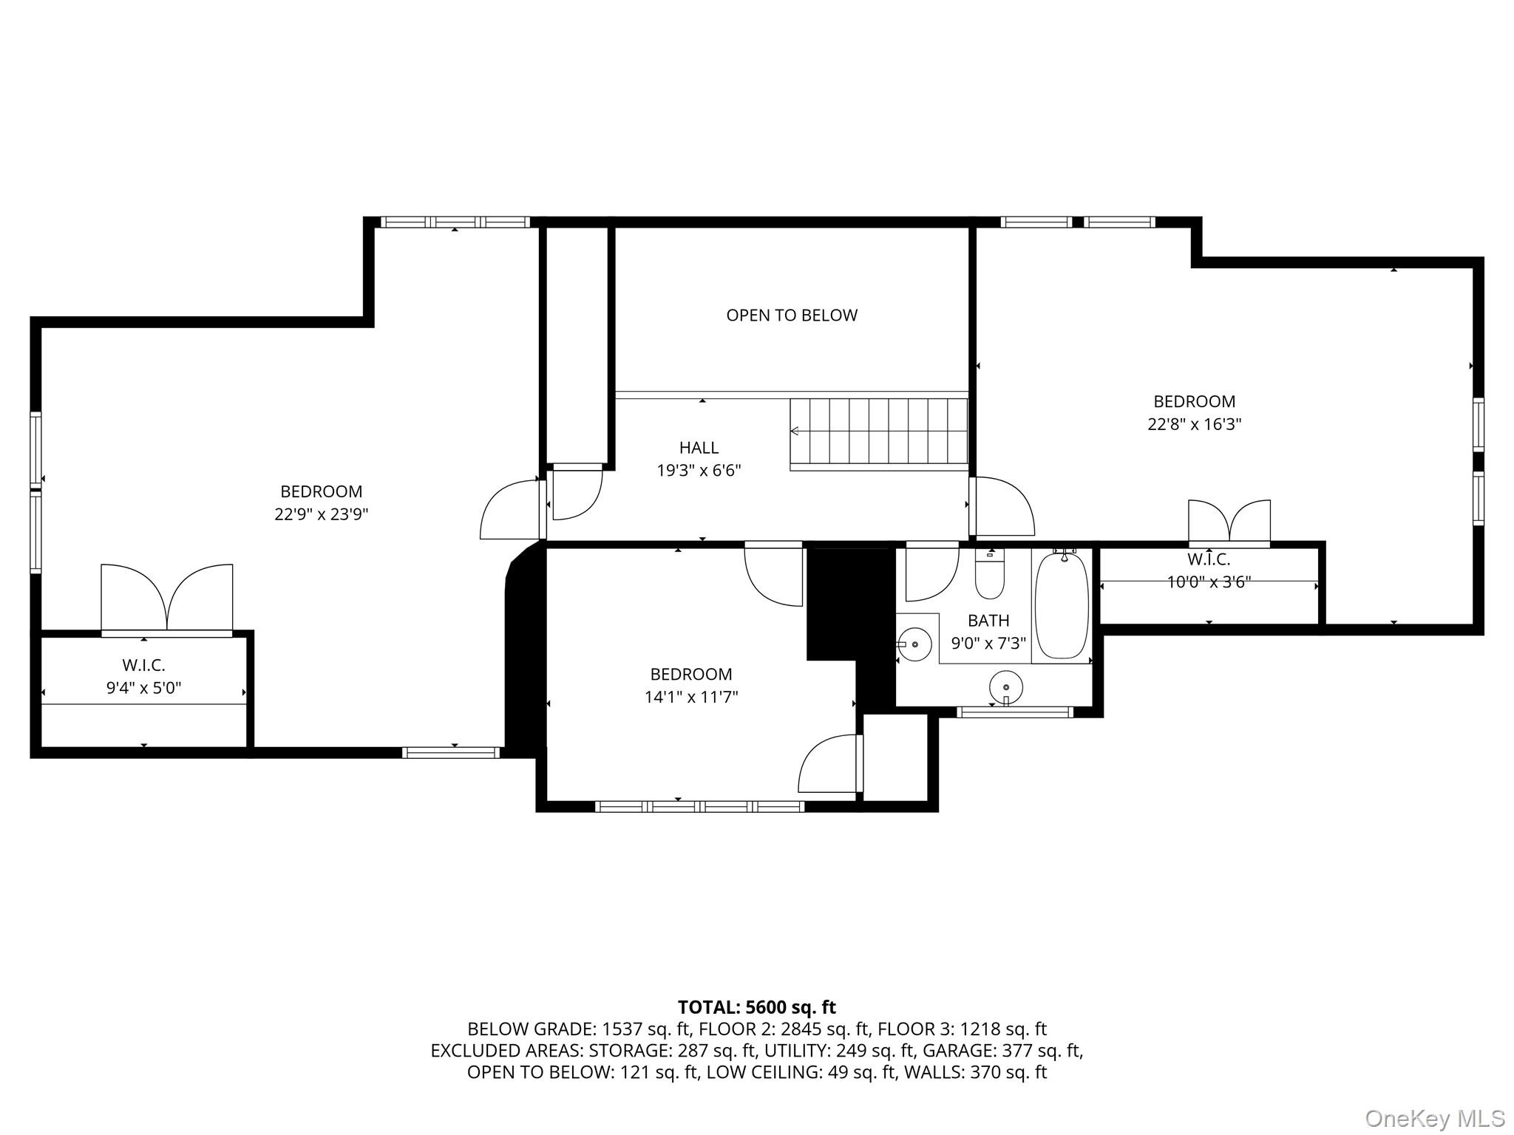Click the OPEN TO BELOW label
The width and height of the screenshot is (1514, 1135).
click(x=792, y=316)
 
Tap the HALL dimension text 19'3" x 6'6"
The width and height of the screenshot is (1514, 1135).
click(x=699, y=471)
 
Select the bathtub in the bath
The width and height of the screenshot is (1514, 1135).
click(x=1062, y=604)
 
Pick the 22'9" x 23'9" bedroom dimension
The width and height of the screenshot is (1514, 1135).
click(x=321, y=514)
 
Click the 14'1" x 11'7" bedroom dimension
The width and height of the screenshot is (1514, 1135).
click(x=691, y=697)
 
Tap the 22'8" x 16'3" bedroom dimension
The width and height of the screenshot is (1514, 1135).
click(x=1194, y=424)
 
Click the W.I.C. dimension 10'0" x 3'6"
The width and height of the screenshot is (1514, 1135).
click(x=1209, y=582)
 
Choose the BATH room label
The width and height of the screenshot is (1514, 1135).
click(x=988, y=621)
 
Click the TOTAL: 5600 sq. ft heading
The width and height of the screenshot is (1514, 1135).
click(x=757, y=1007)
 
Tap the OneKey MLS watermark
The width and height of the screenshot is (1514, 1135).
click(x=1435, y=1118)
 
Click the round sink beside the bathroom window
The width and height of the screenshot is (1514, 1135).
click(x=1006, y=687)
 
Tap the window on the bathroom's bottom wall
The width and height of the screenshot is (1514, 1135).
click(x=1015, y=712)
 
